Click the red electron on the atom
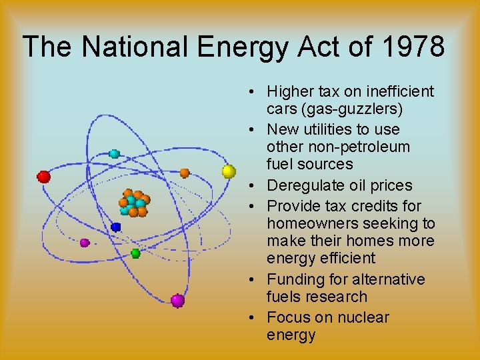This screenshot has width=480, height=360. tap(44, 177)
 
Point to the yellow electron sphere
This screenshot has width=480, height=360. tap(229, 171)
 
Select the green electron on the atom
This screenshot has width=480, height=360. tap(135, 253)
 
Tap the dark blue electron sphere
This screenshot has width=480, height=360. tap(116, 227)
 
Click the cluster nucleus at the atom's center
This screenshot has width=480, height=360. tap(133, 203)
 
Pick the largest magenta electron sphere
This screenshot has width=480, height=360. tap(177, 301)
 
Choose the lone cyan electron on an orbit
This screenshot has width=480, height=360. tap(114, 154)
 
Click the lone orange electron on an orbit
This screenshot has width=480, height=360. tap(185, 173)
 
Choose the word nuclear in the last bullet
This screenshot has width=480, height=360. tap(360, 317)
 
